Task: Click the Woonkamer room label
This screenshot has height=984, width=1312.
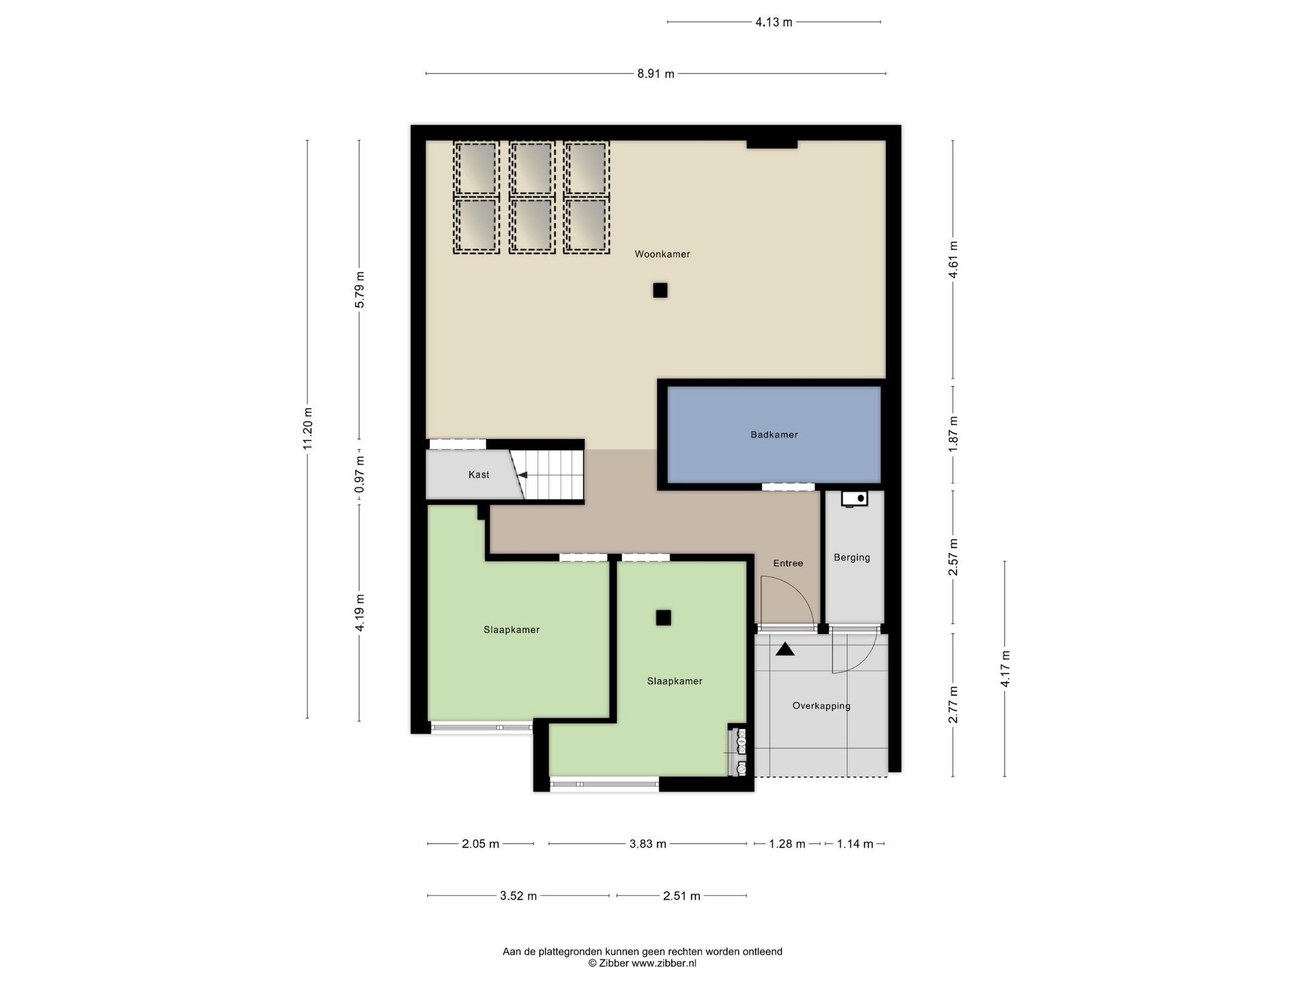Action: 662,254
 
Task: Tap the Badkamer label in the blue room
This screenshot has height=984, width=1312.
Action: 774,434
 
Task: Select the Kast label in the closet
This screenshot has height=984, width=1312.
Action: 479,474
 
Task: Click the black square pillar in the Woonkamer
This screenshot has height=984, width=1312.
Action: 660,290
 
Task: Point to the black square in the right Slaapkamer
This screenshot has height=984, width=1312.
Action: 663,618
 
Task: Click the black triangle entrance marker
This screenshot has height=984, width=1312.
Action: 785,649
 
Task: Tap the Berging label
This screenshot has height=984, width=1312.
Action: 852,557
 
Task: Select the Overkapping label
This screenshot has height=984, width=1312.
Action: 821,706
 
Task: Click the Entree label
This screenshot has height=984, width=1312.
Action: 788,563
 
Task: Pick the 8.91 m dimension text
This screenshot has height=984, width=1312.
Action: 655,74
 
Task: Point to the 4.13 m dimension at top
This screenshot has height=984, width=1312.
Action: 773,22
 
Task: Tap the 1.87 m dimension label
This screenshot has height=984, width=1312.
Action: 953,433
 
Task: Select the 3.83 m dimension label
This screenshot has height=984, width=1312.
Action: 647,844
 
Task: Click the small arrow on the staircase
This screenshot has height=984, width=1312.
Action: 522,476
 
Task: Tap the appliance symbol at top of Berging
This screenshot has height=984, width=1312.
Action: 854,498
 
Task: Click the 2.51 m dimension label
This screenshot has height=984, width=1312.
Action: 682,896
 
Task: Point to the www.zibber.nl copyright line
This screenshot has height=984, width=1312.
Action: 642,963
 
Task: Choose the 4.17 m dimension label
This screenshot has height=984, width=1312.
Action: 1005,668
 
